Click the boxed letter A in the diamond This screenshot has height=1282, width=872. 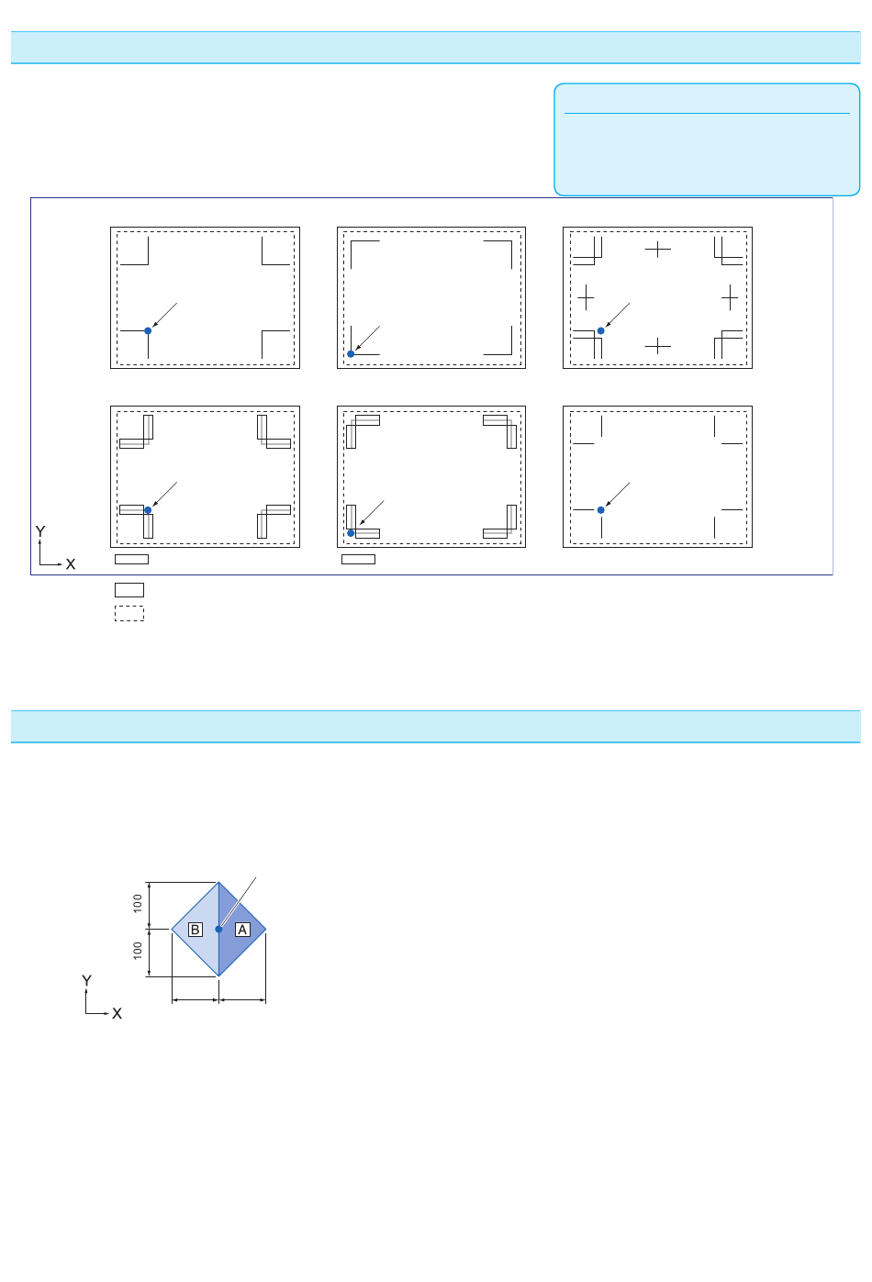(x=242, y=930)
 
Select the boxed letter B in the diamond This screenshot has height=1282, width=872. (x=196, y=930)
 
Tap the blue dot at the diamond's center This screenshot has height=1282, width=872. (x=218, y=930)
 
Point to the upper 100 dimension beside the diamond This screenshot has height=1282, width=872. (x=138, y=903)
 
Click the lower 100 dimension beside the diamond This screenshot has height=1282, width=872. (x=138, y=951)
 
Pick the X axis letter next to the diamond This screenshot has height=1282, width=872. (x=117, y=1014)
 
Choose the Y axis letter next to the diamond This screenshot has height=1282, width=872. (x=86, y=981)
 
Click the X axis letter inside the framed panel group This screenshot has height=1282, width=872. (x=71, y=564)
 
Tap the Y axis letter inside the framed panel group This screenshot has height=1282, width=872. (x=40, y=531)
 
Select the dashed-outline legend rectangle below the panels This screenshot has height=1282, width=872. (x=129, y=614)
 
